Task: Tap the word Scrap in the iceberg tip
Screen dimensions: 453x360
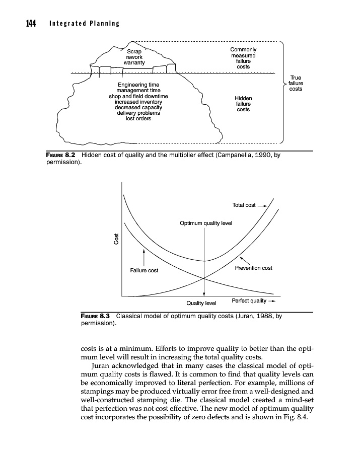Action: (x=134, y=51)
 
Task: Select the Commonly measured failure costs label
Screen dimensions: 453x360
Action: (x=243, y=58)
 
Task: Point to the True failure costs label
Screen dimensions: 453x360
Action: (x=296, y=84)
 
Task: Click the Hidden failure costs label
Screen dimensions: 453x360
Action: (x=244, y=104)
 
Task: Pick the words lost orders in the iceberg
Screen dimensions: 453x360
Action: (x=138, y=119)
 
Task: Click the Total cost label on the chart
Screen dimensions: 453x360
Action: (x=244, y=205)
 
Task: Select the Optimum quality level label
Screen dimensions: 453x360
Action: (x=206, y=222)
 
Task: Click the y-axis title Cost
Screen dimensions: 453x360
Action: (x=116, y=239)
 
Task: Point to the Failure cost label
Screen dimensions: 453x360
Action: (x=144, y=270)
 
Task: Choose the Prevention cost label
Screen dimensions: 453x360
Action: (x=253, y=268)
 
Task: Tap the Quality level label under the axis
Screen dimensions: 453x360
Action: (x=201, y=303)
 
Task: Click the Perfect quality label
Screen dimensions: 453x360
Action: (x=249, y=301)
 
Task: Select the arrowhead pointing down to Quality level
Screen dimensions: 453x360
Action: (x=204, y=295)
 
